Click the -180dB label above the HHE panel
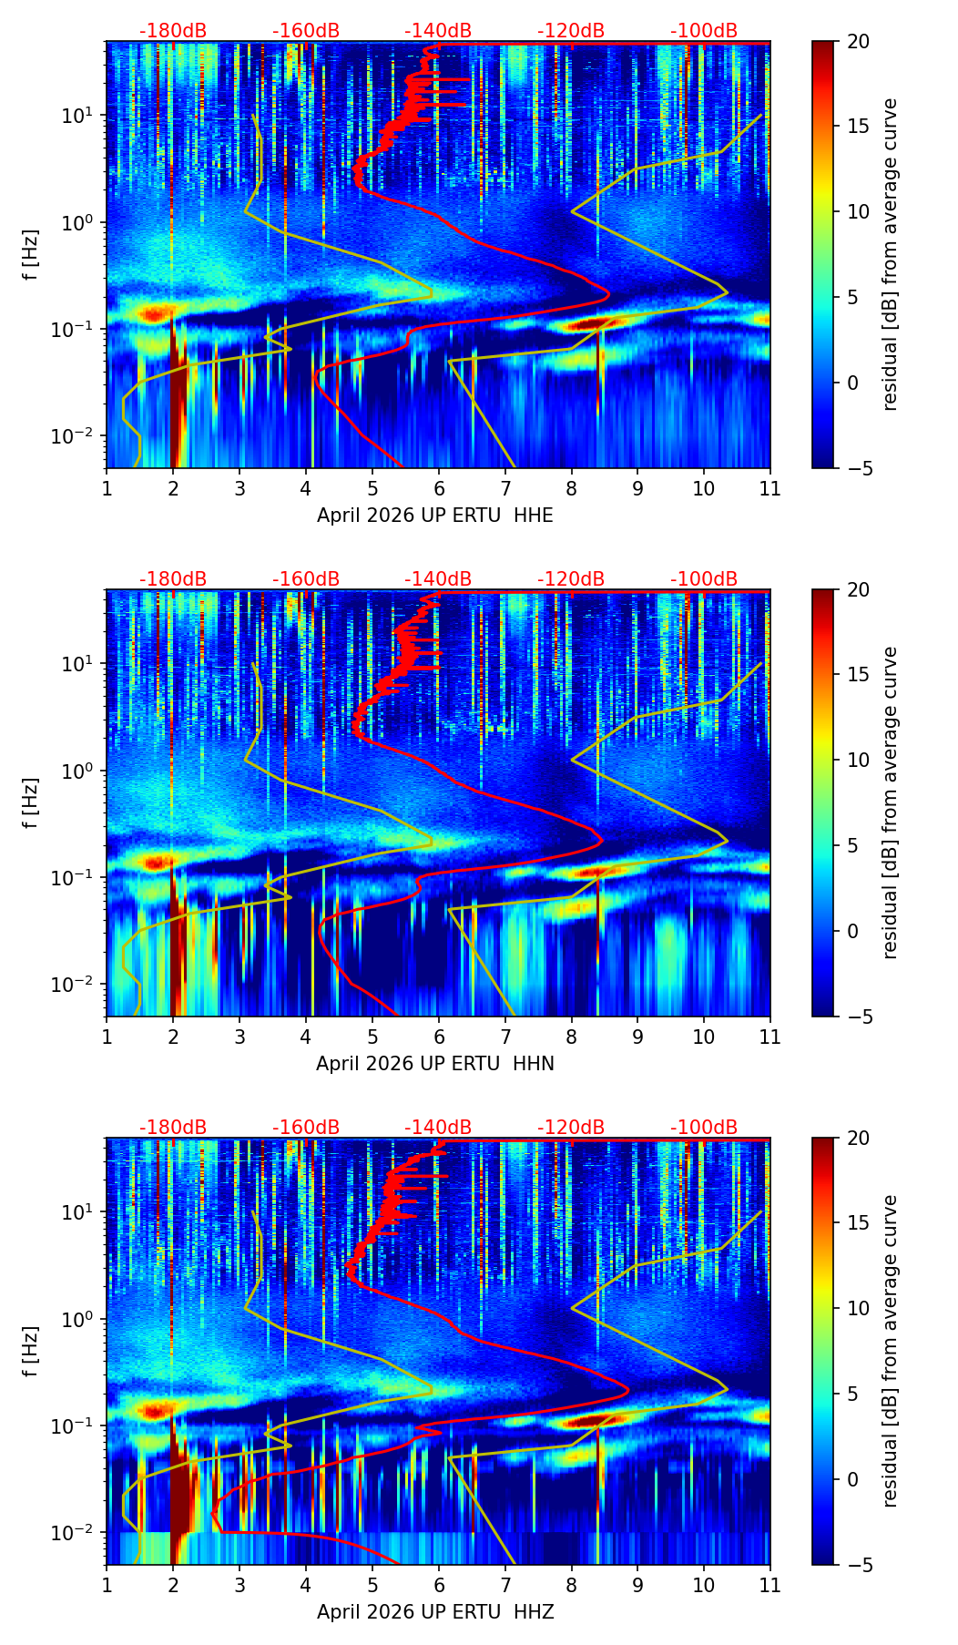[x=173, y=31]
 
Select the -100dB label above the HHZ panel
[x=704, y=1128]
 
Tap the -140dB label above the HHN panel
[x=438, y=579]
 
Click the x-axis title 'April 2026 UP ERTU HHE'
[x=434, y=516]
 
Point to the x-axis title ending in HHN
[x=434, y=1064]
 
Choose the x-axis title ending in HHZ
[x=434, y=1612]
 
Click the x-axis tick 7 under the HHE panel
[x=505, y=488]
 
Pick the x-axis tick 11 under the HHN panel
[x=769, y=1037]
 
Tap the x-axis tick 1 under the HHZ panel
[x=107, y=1585]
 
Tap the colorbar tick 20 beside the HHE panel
[x=858, y=42]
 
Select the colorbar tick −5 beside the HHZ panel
[x=858, y=1565]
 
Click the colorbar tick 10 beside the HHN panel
[x=858, y=760]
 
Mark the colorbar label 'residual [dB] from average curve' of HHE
[x=890, y=254]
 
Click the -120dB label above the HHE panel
[x=571, y=31]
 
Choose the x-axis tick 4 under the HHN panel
[x=306, y=1037]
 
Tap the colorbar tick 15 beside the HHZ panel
[x=858, y=1223]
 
